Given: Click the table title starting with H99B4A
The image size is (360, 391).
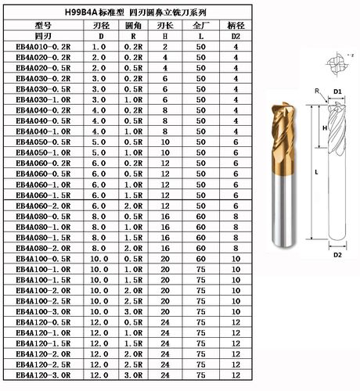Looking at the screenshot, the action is coord(135,13).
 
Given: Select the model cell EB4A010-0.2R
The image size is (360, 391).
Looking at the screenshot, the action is coord(43,47).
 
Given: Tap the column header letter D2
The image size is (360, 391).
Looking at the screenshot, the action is coord(236,36).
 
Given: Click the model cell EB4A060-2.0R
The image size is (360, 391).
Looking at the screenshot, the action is coord(43,206).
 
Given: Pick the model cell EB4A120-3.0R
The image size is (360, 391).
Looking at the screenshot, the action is coord(43,375).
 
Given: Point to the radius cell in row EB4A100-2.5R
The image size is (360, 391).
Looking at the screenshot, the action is coord(133,301).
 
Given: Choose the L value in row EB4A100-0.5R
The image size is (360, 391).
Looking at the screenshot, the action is coord(201,259).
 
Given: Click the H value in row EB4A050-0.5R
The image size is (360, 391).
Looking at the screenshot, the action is coord(165,142).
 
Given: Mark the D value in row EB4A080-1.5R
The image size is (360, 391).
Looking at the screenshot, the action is coord(99,238).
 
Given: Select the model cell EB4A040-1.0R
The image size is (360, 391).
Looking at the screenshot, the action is coord(43,131).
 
